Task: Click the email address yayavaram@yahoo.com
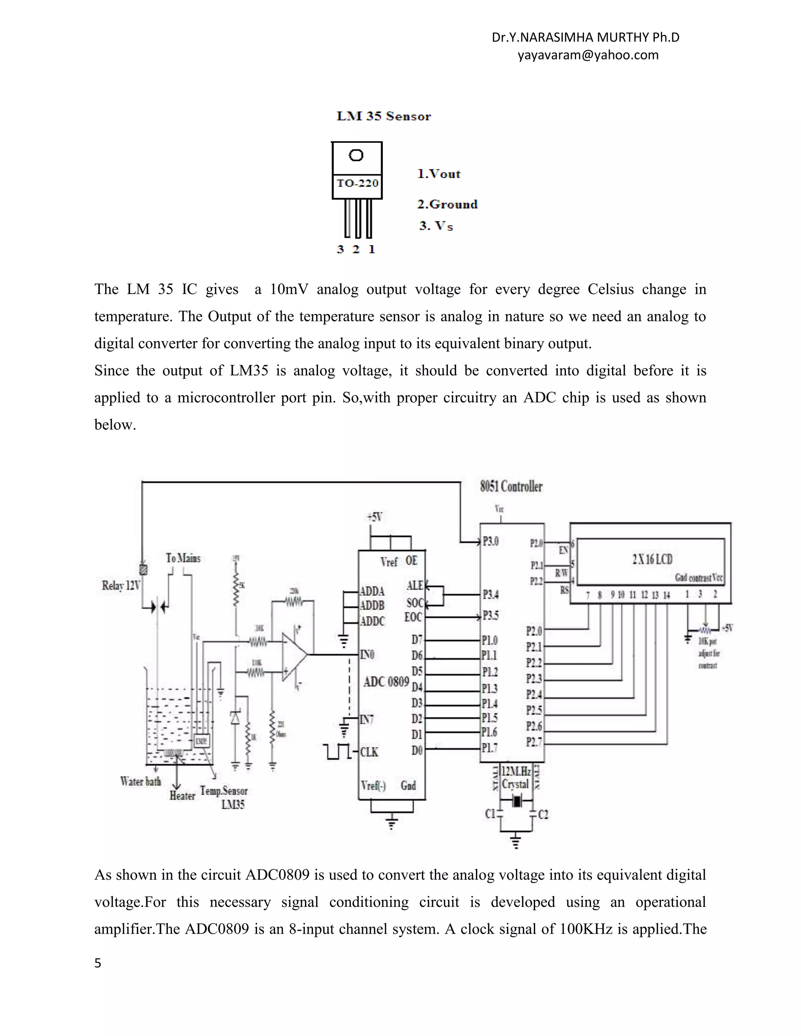pos(588,55)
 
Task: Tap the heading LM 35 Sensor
pos(383,116)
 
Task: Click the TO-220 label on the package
pos(357,183)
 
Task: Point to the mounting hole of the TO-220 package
pos(356,155)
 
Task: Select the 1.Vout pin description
pos(439,174)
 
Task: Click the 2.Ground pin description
pos(447,204)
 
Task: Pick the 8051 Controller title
pos(511,486)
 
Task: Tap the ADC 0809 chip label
pos(386,682)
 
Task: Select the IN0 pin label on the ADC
pos(367,655)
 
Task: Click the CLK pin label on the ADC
pos(369,752)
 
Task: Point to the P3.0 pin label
pos(491,541)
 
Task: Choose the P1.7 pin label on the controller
pos(490,748)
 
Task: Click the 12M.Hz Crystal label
pos(516,778)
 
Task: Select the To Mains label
pos(183,558)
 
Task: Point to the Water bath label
pos(140,781)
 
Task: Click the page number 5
pos(98,963)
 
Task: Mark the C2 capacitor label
pos(543,814)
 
